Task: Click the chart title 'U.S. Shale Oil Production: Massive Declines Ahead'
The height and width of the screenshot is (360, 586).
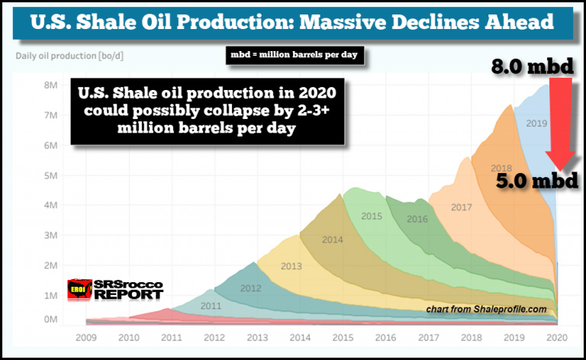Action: tap(292, 23)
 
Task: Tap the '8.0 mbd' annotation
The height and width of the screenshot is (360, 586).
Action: tap(532, 69)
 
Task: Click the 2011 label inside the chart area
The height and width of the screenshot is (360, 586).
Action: tap(210, 306)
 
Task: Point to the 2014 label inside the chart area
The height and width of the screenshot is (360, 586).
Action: tap(333, 239)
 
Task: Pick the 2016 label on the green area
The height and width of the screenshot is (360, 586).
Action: tap(417, 219)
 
